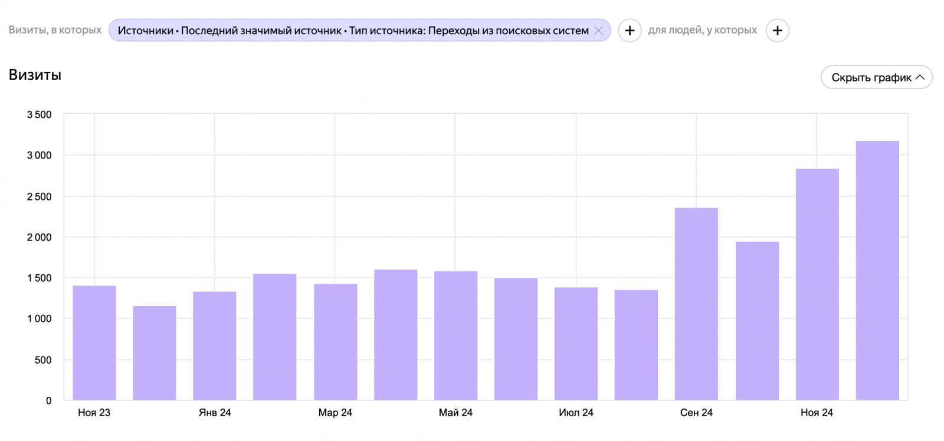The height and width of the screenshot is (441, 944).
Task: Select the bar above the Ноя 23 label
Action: pyautogui.click(x=94, y=343)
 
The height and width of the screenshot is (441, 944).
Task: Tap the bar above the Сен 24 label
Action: pyautogui.click(x=696, y=304)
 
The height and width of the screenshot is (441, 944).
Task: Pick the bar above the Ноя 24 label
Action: pyautogui.click(x=817, y=284)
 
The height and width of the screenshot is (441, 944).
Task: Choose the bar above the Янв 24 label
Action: pyautogui.click(x=215, y=345)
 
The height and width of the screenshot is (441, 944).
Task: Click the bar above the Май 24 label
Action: pyautogui.click(x=455, y=335)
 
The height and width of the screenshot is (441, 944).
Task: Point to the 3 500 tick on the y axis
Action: pyautogui.click(x=39, y=114)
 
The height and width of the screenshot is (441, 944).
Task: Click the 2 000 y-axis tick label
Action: pyautogui.click(x=39, y=237)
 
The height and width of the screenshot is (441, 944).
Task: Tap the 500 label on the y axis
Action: pyautogui.click(x=43, y=360)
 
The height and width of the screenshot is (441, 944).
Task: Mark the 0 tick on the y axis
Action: pyautogui.click(x=49, y=400)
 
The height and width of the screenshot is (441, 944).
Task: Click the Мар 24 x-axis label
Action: pyautogui.click(x=335, y=413)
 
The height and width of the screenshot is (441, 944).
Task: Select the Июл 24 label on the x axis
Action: pyautogui.click(x=576, y=413)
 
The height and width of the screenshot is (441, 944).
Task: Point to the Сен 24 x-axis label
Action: pyautogui.click(x=696, y=413)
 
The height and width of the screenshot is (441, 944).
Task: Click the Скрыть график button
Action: pyautogui.click(x=877, y=77)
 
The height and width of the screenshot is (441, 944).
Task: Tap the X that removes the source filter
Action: pyautogui.click(x=598, y=31)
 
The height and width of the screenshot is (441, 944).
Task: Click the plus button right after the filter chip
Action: pyautogui.click(x=630, y=31)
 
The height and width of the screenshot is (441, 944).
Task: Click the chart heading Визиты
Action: pyautogui.click(x=35, y=75)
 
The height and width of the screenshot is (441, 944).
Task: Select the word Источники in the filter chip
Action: pyautogui.click(x=145, y=31)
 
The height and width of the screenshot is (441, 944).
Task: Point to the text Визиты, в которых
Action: pyautogui.click(x=55, y=30)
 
